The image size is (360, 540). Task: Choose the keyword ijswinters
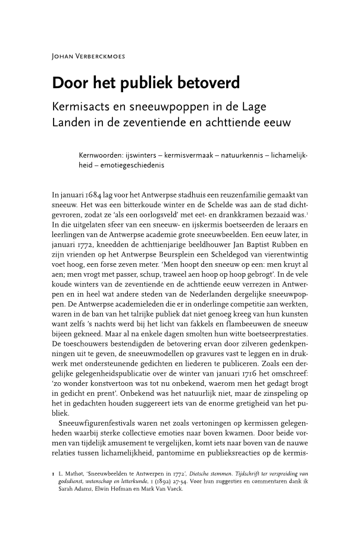pos(150,156)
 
